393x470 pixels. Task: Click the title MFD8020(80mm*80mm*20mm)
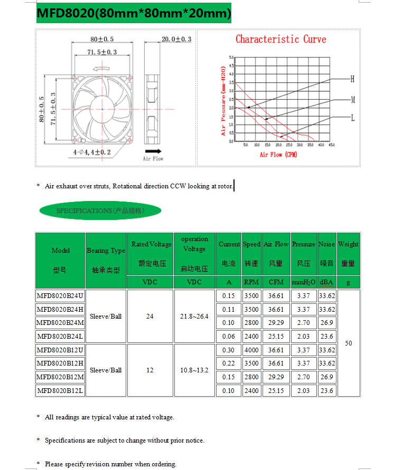(134, 13)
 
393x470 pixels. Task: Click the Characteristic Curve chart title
(280, 39)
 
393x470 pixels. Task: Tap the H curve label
(352, 79)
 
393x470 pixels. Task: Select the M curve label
(352, 99)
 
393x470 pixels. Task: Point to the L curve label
(352, 118)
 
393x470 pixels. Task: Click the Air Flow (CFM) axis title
(278, 155)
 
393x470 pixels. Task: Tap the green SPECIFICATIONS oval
(100, 210)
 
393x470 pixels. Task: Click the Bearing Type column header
(106, 251)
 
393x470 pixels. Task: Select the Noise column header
(326, 244)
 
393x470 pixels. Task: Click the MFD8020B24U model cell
(60, 296)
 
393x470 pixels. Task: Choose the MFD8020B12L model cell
(60, 391)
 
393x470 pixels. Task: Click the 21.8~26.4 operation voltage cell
(194, 316)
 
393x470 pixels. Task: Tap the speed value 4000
(251, 350)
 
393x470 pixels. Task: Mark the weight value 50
(348, 343)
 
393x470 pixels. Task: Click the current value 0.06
(228, 337)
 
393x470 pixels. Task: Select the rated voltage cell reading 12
(150, 370)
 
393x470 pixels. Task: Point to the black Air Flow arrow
(153, 150)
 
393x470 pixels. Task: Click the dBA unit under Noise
(326, 282)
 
